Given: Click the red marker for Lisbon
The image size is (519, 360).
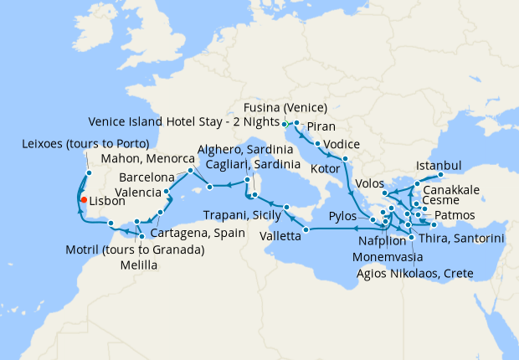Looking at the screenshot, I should coord(83,200).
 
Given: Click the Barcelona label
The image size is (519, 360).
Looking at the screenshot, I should coord(146,177).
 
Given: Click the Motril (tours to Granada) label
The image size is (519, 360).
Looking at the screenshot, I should coord(135,249).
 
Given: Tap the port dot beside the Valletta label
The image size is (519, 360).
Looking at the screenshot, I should coord(306,229).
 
